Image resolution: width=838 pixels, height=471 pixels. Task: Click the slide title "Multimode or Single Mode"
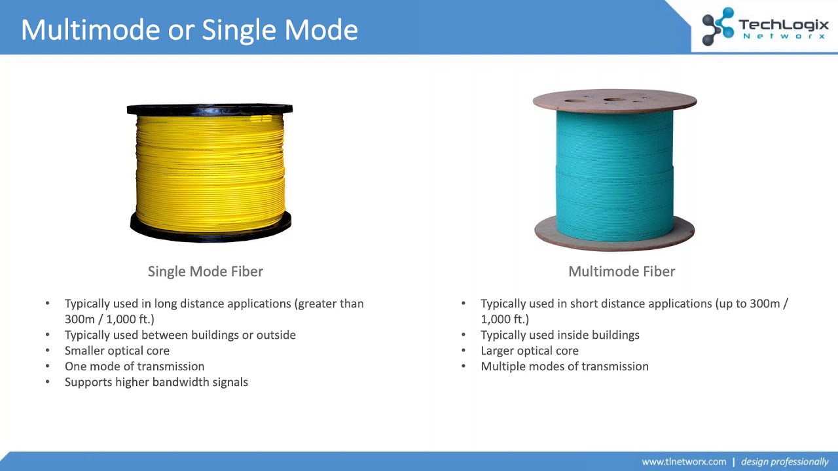(x=189, y=30)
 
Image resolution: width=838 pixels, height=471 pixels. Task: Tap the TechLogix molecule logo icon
(x=718, y=26)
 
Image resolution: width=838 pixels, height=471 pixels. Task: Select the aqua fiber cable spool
(x=614, y=173)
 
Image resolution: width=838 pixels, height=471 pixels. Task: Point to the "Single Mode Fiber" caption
(x=206, y=271)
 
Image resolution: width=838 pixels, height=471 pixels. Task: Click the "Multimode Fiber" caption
(x=621, y=271)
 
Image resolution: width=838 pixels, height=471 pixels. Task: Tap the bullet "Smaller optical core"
(x=117, y=351)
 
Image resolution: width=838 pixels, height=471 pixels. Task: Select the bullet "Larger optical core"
(x=530, y=351)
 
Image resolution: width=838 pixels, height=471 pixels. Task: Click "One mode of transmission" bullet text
(x=134, y=366)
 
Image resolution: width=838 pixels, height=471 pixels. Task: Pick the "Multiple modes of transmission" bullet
(x=564, y=366)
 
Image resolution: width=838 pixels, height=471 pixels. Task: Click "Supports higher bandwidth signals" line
(x=156, y=382)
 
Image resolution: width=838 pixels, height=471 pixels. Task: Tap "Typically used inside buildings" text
(x=560, y=335)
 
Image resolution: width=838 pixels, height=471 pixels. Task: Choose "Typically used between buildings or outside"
(x=180, y=335)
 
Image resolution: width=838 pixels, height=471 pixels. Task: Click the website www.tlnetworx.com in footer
(x=683, y=462)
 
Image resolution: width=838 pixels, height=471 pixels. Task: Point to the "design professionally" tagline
(x=784, y=462)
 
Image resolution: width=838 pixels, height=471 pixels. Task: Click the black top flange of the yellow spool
(x=209, y=109)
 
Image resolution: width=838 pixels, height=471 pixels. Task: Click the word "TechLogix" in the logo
(x=784, y=25)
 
